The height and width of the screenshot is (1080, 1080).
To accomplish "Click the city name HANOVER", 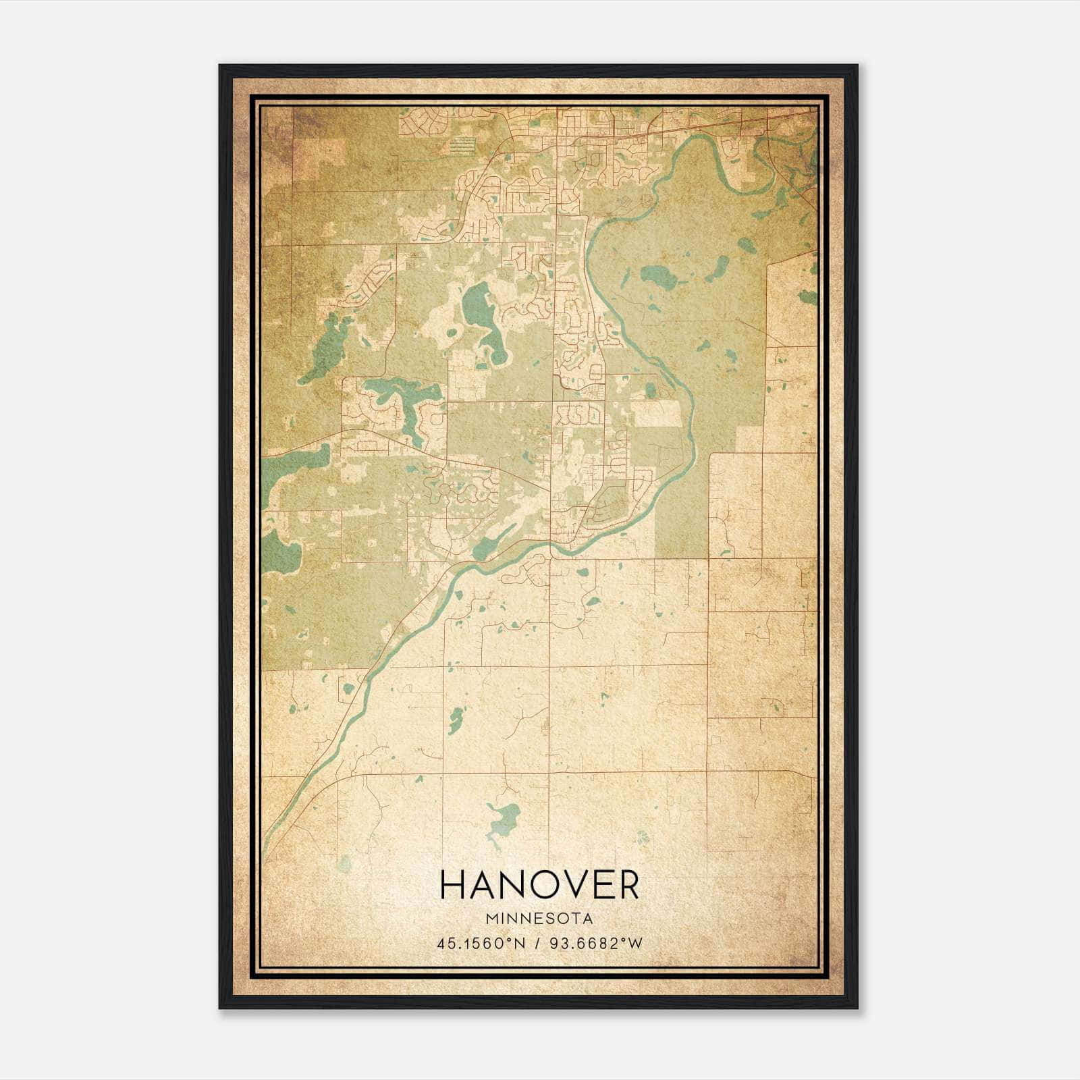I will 539,884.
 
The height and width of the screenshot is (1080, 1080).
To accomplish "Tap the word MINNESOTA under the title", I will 539,919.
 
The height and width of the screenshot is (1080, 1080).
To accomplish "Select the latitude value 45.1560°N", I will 481,944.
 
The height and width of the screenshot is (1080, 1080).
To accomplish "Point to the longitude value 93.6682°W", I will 594,944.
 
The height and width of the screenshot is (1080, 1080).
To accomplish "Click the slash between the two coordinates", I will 538,944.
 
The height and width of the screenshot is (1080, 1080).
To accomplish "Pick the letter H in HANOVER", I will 452,884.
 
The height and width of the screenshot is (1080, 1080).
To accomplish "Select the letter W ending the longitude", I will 635,944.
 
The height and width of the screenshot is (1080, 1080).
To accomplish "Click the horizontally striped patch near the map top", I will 462,144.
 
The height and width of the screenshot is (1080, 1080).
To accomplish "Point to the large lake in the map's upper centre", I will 477,304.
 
